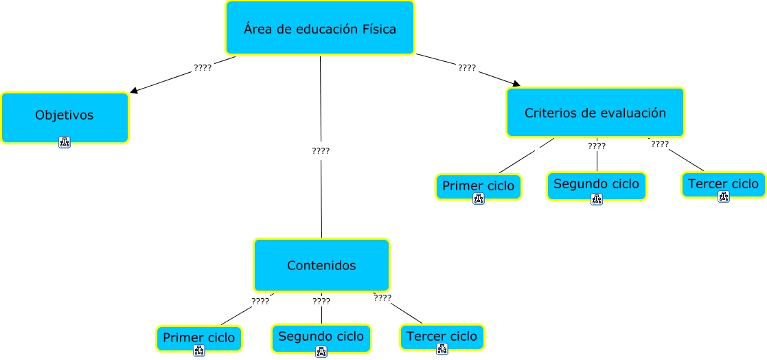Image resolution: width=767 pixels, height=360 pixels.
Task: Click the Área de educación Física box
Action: coord(320,28)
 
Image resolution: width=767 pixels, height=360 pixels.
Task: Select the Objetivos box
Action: coord(65,115)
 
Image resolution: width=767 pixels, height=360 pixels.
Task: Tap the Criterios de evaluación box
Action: coord(595,113)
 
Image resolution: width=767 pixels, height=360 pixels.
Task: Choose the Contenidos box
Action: coord(321,265)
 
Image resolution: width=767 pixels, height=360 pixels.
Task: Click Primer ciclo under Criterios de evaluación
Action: coord(479,185)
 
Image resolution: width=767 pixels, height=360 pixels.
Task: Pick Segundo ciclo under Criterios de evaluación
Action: coord(596,184)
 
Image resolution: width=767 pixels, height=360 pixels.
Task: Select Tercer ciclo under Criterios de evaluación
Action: coord(723,183)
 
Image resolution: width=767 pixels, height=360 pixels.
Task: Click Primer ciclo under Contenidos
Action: coord(198,337)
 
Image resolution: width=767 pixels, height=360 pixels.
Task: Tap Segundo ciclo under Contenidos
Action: coord(321,337)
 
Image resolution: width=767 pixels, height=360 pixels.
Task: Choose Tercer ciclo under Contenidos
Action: coord(442,336)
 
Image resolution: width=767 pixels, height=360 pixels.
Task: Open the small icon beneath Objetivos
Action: coord(65,142)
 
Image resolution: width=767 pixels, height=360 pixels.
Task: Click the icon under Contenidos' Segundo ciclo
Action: coord(321,352)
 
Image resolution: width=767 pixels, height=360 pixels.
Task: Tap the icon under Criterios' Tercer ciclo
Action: coord(723,196)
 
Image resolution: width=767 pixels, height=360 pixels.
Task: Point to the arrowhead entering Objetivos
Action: coord(133,91)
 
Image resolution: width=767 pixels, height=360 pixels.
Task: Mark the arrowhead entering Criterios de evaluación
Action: coord(516,84)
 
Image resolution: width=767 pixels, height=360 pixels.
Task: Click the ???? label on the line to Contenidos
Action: coord(321,150)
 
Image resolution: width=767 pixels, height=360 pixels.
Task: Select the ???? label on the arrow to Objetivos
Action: coord(203,68)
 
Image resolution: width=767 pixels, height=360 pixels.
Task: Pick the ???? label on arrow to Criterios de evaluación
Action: coord(467,68)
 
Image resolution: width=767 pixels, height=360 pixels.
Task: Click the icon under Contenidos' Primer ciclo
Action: coord(199,350)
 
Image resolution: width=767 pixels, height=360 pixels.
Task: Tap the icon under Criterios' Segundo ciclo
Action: coord(596,199)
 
